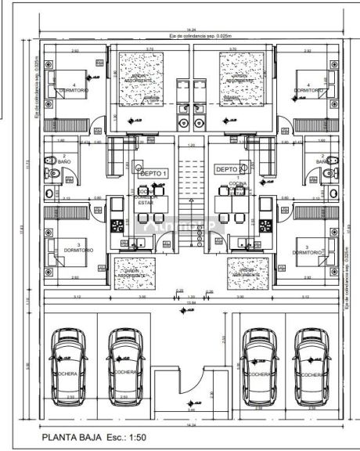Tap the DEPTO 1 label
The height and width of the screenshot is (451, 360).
click(153, 172)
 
